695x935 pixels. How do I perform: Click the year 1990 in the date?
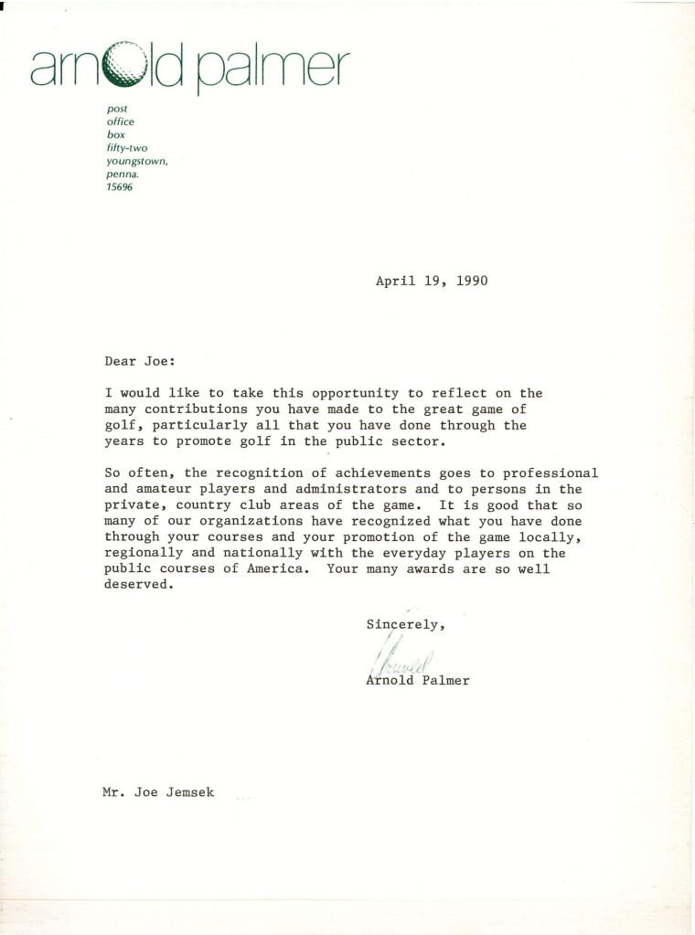click(x=468, y=282)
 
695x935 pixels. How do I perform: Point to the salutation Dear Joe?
click(x=133, y=361)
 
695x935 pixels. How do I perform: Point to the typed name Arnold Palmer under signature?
click(x=417, y=680)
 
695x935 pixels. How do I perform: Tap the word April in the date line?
click(x=395, y=282)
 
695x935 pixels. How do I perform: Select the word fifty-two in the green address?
click(x=125, y=146)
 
